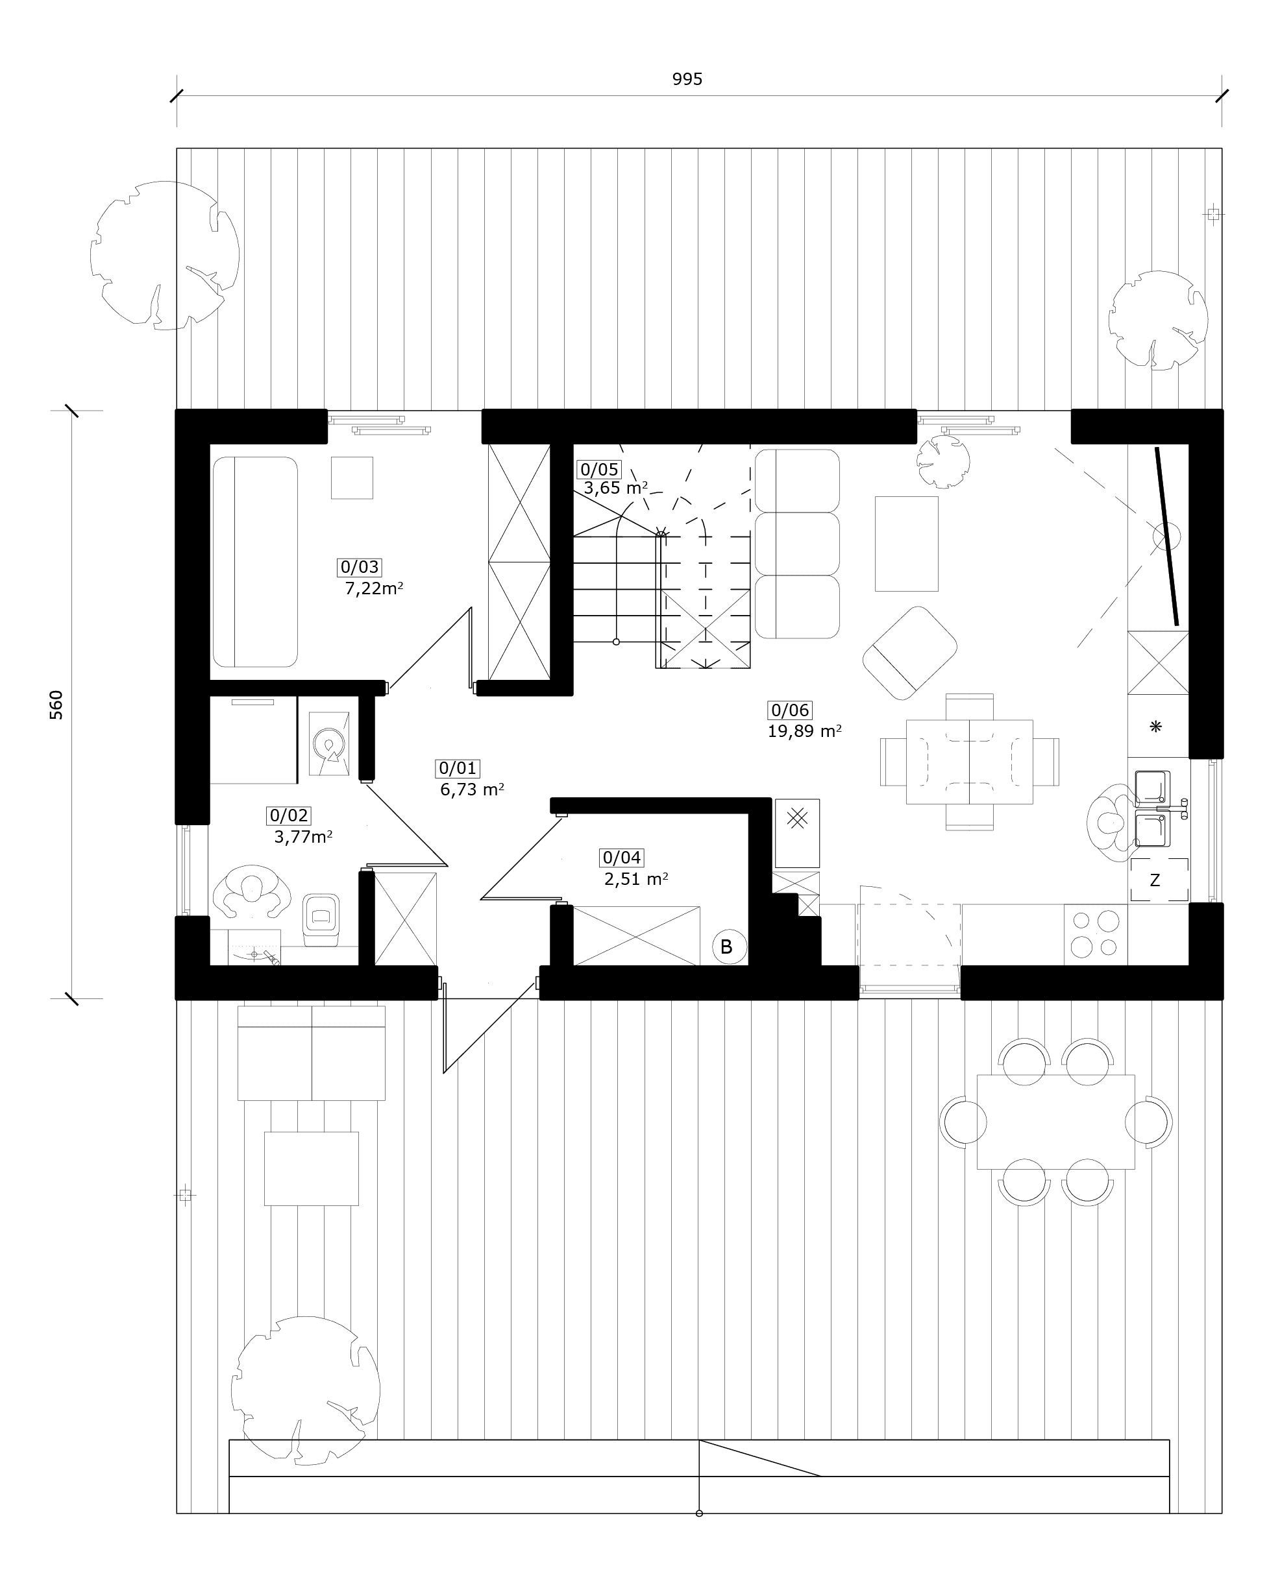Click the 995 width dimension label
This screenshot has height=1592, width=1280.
point(687,79)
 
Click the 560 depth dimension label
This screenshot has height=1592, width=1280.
point(56,705)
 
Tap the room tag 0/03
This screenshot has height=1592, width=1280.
point(360,567)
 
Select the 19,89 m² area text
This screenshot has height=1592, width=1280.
point(804,731)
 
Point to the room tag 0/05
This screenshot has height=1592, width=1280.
point(599,470)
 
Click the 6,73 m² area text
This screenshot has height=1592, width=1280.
point(472,790)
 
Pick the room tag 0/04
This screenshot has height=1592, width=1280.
point(622,857)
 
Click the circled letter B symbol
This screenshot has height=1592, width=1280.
point(726,947)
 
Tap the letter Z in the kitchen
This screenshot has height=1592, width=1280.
point(1155,880)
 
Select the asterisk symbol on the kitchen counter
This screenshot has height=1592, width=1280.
point(1156,727)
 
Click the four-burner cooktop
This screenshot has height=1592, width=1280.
point(1096,935)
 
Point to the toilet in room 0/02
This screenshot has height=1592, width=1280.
point(321,919)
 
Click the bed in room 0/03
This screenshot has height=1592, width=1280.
point(255,562)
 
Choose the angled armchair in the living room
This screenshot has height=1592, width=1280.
point(909,653)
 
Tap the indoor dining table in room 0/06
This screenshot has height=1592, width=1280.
point(969,762)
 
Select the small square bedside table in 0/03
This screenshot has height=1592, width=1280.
point(352,477)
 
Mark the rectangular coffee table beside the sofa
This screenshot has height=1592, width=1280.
point(906,544)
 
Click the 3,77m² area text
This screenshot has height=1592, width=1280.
point(303,838)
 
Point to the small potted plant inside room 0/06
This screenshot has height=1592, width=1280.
point(942,461)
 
